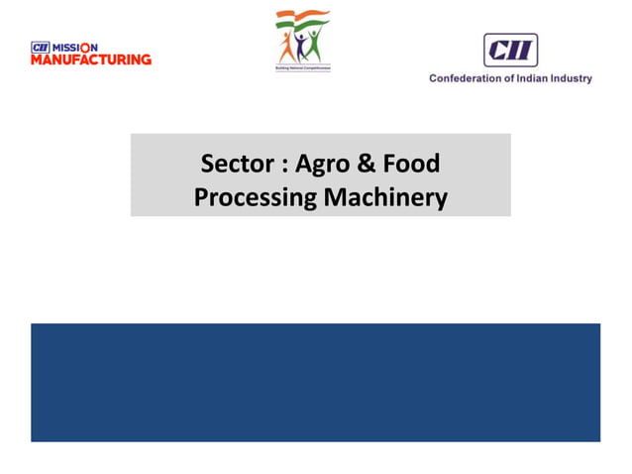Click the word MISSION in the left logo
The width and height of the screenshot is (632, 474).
[76, 46]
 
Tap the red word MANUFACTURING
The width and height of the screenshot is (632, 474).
[91, 59]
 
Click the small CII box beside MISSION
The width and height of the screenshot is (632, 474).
[41, 46]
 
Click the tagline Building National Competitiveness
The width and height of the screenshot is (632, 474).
[302, 69]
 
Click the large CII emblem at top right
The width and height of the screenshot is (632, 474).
[510, 50]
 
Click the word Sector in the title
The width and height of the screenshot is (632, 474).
[232, 163]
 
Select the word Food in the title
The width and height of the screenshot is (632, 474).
[410, 163]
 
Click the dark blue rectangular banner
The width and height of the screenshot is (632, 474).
[315, 382]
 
